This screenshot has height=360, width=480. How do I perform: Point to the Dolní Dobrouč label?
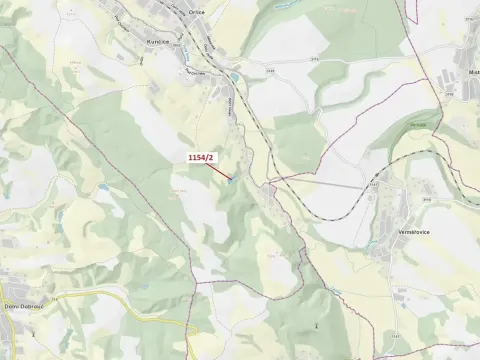[21, 307]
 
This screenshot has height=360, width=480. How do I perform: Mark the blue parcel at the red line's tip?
[230, 179]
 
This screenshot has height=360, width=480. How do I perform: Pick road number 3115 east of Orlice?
[269, 71]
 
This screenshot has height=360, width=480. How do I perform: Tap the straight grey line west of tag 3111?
[320, 184]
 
